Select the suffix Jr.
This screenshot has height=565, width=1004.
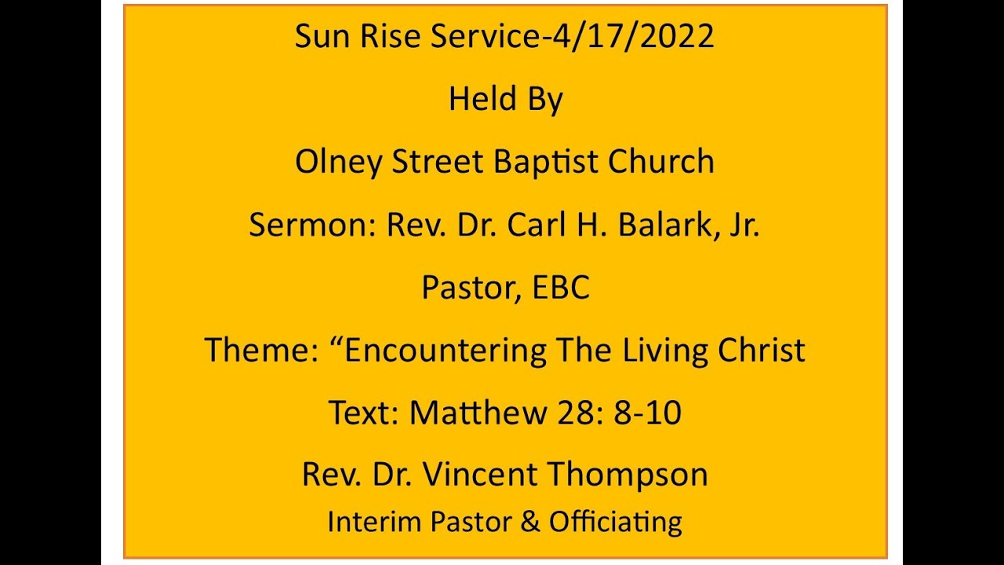744,225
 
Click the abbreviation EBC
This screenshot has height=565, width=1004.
561,288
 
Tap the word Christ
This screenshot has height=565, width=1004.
762,350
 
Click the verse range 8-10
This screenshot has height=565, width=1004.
647,413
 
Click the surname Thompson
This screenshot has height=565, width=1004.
627,475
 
